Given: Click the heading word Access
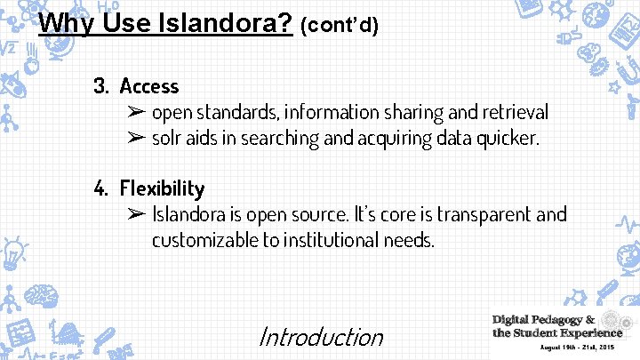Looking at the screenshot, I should coord(149,86).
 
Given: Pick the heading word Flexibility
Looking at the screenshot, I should coord(162,188).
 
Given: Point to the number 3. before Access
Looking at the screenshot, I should coord(101,86).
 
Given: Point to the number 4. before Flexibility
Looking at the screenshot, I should coord(102,188).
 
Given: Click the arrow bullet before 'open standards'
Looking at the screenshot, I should coord(135,113).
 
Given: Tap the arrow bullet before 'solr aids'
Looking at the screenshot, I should coord(135,138).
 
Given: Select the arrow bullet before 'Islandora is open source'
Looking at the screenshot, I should coord(135,215).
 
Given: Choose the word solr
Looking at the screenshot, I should coord(167,138).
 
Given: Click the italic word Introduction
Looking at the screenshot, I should coord(320,337).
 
